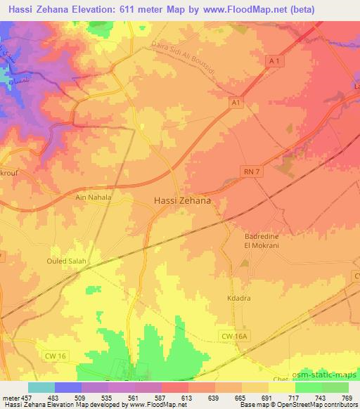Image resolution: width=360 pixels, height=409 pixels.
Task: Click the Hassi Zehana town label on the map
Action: (x=182, y=200)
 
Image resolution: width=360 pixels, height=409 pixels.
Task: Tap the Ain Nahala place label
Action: (x=94, y=198)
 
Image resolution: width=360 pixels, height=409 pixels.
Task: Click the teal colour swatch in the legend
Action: (x=41, y=387)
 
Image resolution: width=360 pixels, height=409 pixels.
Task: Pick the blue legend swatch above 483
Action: (x=67, y=387)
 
